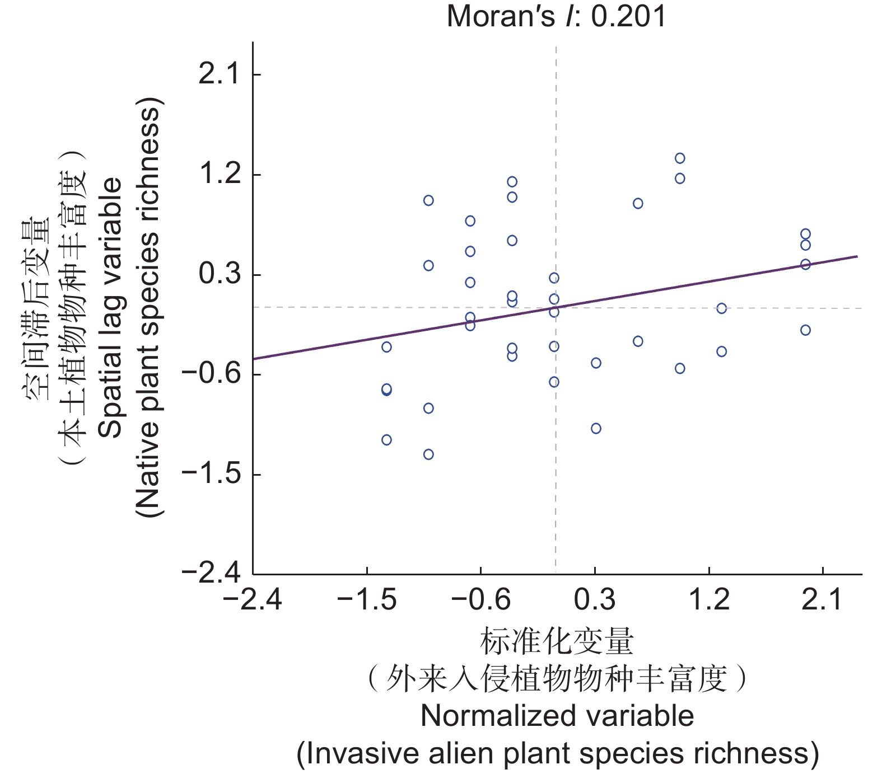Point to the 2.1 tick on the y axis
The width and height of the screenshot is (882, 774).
pos(220,74)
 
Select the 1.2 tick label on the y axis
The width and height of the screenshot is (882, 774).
pos(220,174)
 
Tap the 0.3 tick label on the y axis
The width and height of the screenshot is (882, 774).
pos(220,274)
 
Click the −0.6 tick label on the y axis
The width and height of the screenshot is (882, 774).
pos(211,374)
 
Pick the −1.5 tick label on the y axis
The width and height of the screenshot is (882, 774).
pos(211,473)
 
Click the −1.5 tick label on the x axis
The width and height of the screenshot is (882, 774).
pos(367,600)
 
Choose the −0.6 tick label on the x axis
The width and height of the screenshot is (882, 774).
pos(481,600)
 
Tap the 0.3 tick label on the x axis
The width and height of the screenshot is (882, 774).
pos(595,600)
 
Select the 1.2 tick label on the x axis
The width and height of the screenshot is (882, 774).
pos(709,600)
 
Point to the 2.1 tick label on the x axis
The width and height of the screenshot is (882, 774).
pos(822,600)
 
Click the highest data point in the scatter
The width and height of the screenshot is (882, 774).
pos(680,158)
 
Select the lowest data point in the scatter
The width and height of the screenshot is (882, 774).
pos(428,454)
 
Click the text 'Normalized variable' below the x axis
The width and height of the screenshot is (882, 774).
pos(557,716)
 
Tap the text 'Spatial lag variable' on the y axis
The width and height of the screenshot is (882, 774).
pos(110,307)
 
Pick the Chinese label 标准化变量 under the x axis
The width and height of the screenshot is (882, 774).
pos(557,641)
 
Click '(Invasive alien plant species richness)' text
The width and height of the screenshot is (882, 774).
pos(557,753)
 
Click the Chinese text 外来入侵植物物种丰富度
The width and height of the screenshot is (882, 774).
pos(557,679)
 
